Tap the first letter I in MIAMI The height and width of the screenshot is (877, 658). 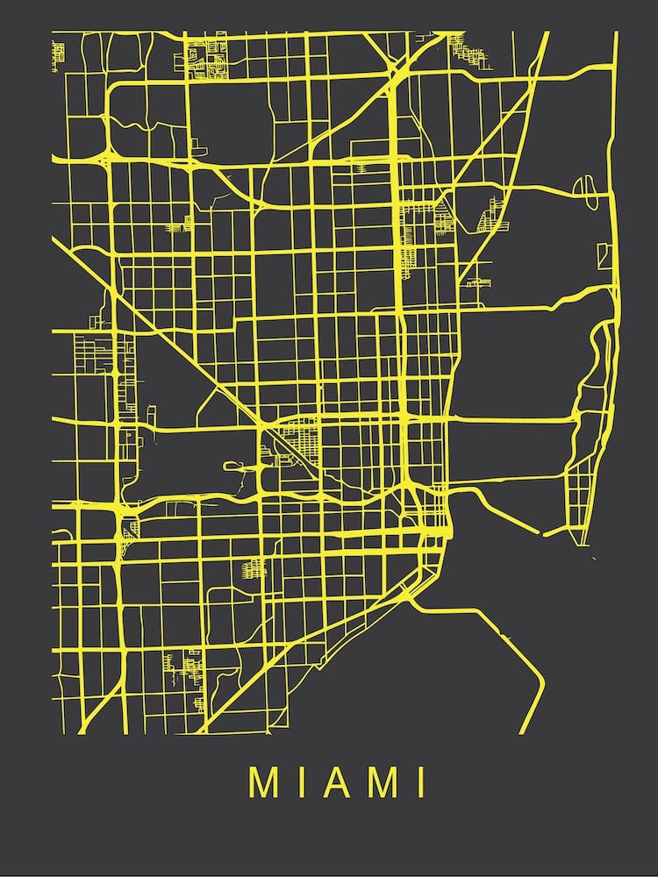(x=306, y=782)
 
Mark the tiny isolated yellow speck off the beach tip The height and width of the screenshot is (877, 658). (x=595, y=558)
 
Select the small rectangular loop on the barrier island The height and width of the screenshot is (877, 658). (x=604, y=255)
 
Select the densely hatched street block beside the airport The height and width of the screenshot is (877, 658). (x=304, y=434)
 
